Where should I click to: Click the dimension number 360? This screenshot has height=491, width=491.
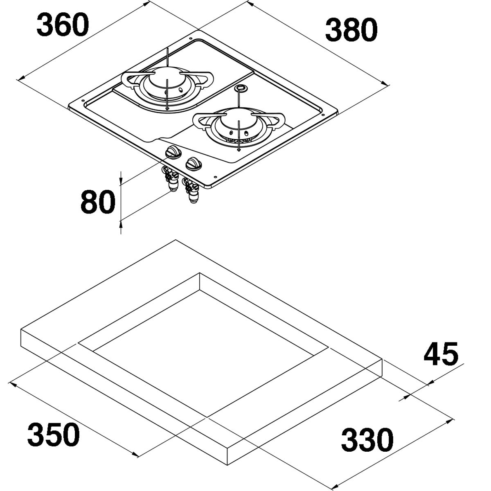tap(62, 25)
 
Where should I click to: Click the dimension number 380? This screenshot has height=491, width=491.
tap(351, 31)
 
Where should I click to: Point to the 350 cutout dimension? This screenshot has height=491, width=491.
tap(53, 435)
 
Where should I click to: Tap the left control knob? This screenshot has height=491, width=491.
tap(172, 153)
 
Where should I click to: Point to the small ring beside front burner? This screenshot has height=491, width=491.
tap(241, 88)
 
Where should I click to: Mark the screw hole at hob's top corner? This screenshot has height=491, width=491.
tap(191, 38)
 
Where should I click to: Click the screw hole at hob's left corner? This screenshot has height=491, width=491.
tap(83, 101)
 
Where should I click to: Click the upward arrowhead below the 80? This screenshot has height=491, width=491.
tap(121, 223)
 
